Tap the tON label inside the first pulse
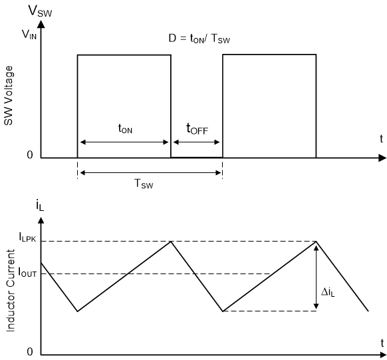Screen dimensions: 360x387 click(x=124, y=130)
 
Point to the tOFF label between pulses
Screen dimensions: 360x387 click(x=196, y=130)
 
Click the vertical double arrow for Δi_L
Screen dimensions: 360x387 click(x=316, y=276)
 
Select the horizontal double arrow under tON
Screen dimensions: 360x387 click(x=124, y=142)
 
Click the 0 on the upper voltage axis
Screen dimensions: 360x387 click(x=29, y=155)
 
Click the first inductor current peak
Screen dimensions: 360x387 click(x=171, y=242)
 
